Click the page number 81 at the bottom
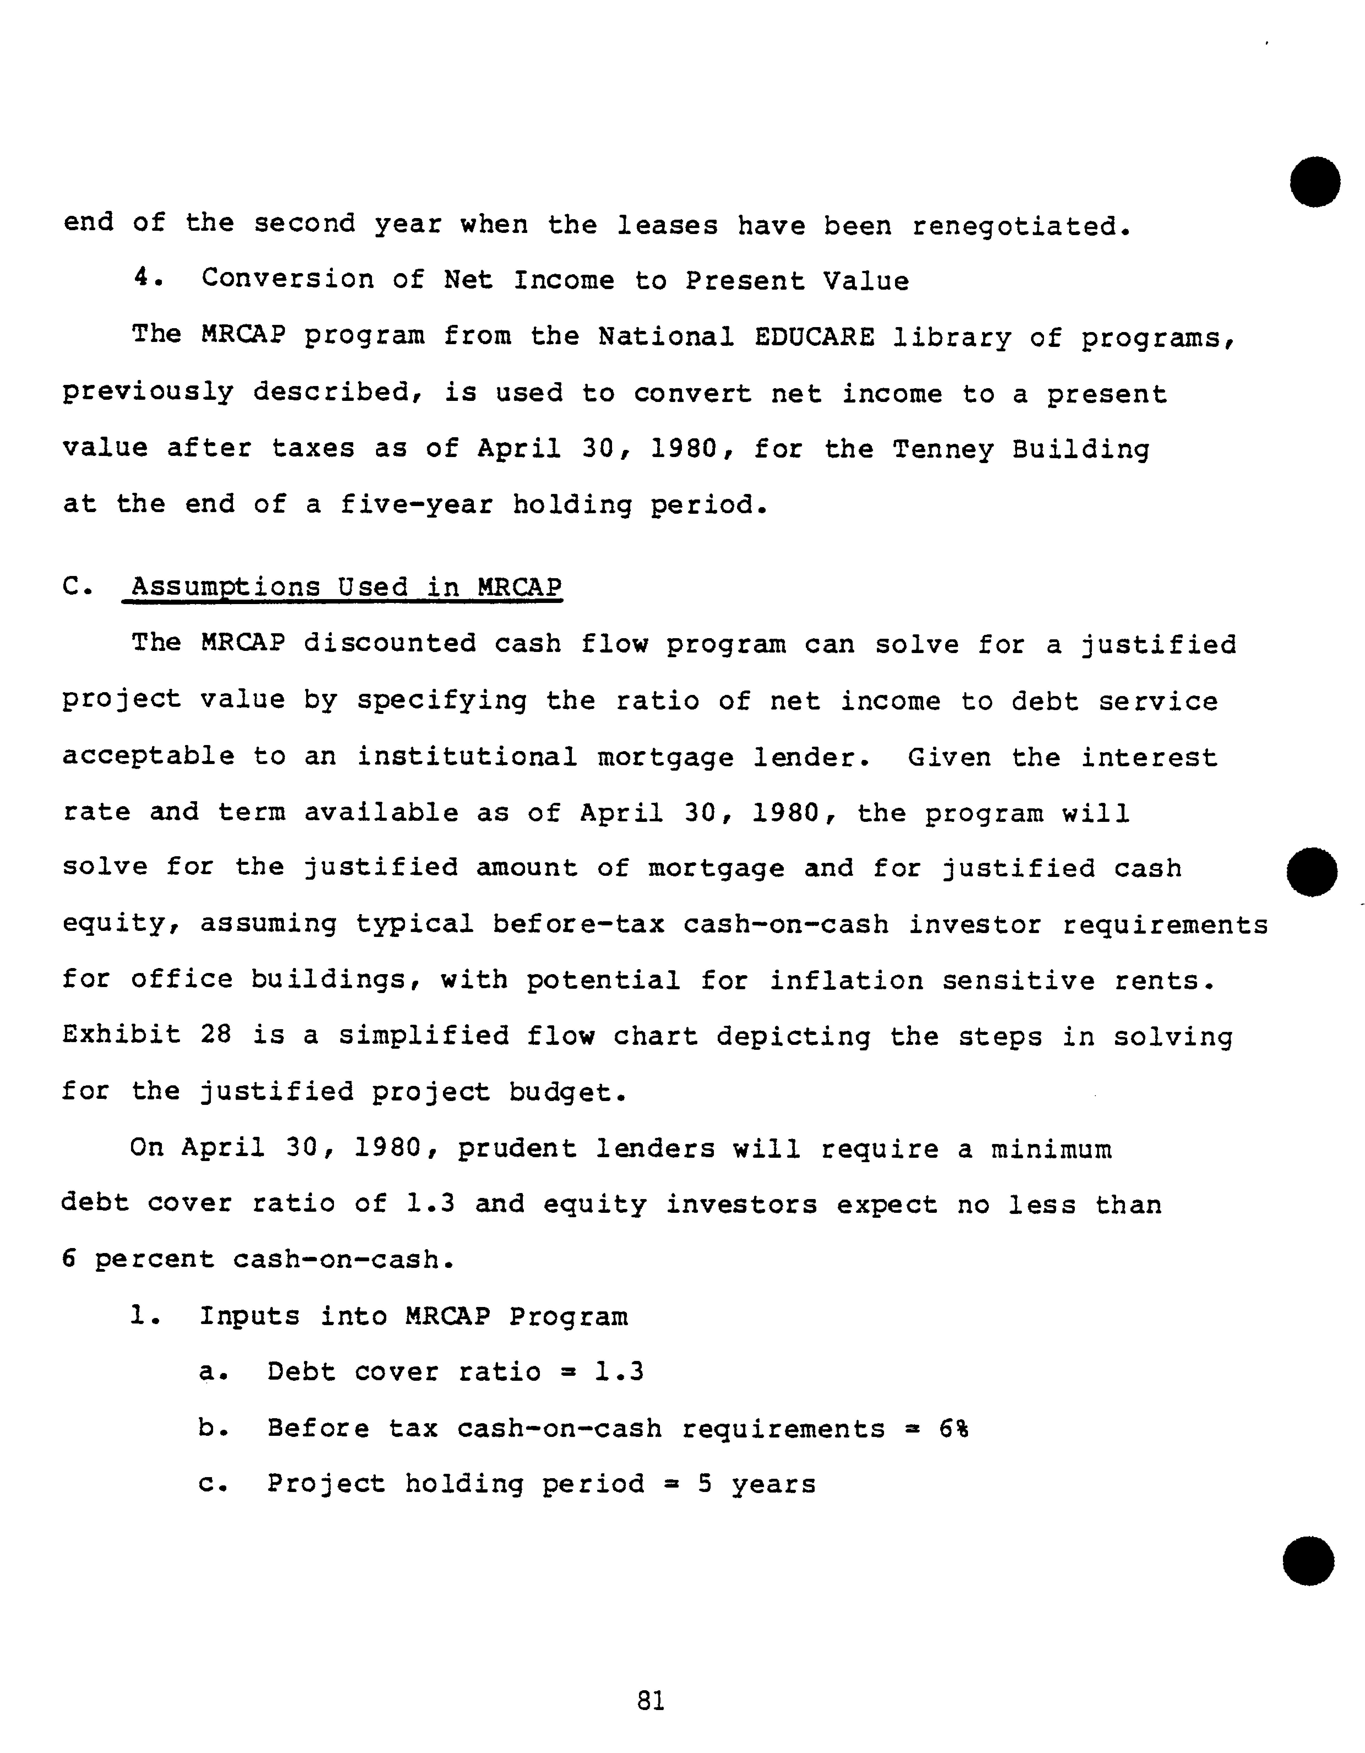coord(650,1700)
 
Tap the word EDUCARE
coord(814,337)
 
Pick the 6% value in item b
coord(953,1429)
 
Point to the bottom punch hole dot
coord(1308,1561)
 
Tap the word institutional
coord(467,757)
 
